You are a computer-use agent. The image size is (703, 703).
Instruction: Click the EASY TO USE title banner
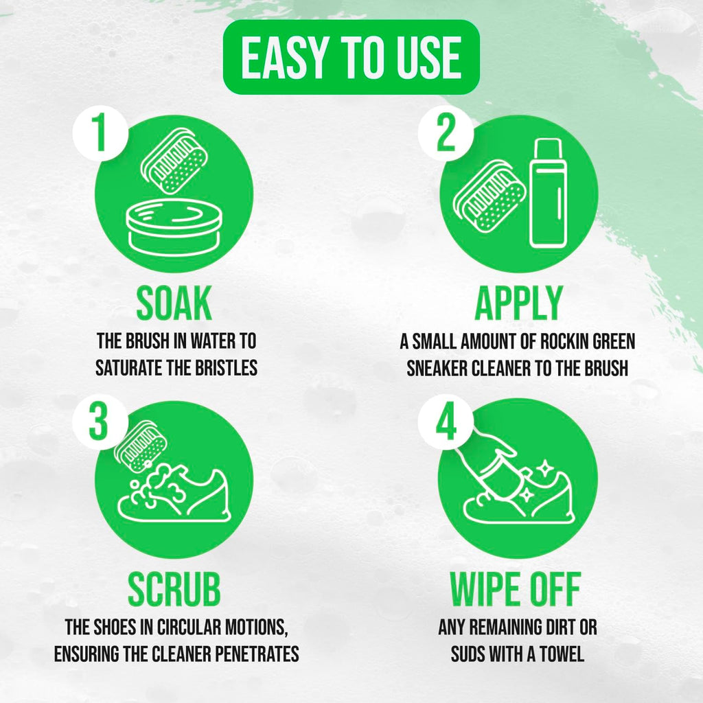click(351, 57)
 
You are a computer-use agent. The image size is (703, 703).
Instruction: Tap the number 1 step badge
click(100, 133)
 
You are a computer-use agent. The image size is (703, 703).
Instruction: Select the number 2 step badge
click(446, 133)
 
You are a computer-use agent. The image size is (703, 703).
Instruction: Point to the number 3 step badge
click(100, 422)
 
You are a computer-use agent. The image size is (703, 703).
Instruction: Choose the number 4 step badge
click(446, 422)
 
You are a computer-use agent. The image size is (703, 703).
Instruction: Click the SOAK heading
click(174, 303)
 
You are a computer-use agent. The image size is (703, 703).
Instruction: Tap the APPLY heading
click(518, 303)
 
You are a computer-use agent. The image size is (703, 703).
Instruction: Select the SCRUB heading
click(174, 589)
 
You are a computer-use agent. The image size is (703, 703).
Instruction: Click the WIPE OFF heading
click(516, 589)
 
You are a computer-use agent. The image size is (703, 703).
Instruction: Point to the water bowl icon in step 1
click(174, 225)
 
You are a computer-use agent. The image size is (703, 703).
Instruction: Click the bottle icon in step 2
click(547, 193)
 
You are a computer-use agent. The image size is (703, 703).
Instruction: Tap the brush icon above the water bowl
click(174, 161)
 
